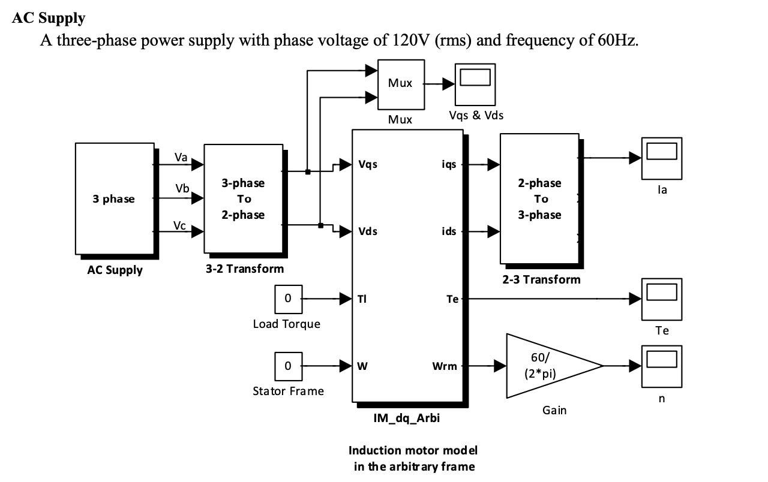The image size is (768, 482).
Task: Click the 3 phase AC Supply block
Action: pyautogui.click(x=114, y=198)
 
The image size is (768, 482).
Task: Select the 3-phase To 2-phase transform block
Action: pyautogui.click(x=243, y=198)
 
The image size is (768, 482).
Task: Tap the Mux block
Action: pyautogui.click(x=401, y=84)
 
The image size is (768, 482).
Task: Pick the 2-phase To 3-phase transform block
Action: pyautogui.click(x=539, y=198)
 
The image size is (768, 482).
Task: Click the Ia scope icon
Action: pyautogui.click(x=661, y=158)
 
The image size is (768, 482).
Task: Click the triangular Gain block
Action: pyautogui.click(x=546, y=366)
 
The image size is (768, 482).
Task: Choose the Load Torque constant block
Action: pyautogui.click(x=288, y=299)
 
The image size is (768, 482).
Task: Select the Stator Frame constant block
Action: pyautogui.click(x=288, y=366)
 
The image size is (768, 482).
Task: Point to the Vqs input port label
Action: pyautogui.click(x=368, y=164)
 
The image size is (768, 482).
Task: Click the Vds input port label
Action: pyautogui.click(x=368, y=231)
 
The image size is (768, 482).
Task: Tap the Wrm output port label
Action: pyautogui.click(x=445, y=366)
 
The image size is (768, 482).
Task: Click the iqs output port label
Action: pyautogui.click(x=449, y=164)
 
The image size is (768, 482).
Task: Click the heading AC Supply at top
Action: pyautogui.click(x=49, y=18)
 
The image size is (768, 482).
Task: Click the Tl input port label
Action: pyautogui.click(x=362, y=299)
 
